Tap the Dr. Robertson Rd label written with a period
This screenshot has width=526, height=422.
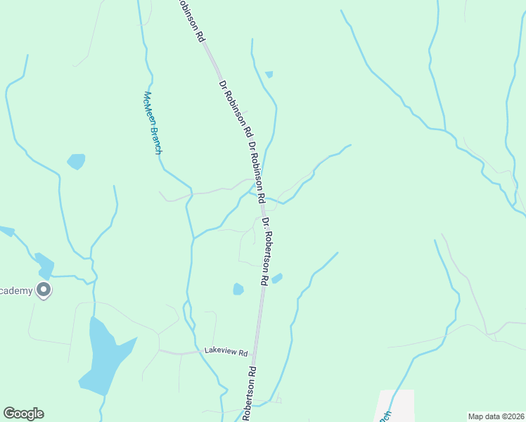tap(265, 251)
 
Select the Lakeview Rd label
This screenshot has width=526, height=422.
tap(226, 351)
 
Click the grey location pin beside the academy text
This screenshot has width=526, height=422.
tap(44, 290)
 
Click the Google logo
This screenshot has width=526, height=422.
tap(23, 414)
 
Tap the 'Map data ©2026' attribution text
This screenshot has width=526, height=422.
tap(495, 416)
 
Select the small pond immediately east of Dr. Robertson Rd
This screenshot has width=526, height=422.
tap(277, 279)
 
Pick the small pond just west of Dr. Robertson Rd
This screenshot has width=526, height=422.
tap(238, 289)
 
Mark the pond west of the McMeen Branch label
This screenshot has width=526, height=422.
tap(76, 162)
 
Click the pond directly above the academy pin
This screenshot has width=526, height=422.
tap(44, 264)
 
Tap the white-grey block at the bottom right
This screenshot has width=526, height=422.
tap(396, 407)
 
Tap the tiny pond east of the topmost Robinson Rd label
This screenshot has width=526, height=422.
tap(269, 74)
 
